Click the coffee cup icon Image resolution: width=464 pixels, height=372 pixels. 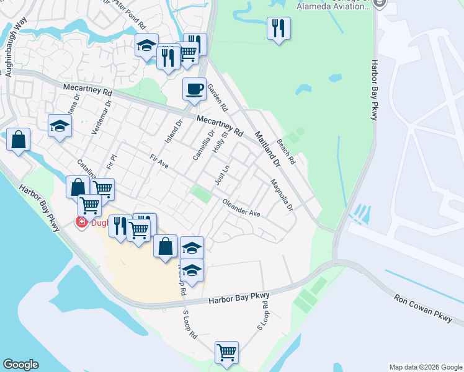click(194, 89)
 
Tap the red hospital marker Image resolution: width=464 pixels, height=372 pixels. click(81, 223)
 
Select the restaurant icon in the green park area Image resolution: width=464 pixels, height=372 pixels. click(279, 28)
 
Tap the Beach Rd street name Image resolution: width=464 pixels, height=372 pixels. click(287, 151)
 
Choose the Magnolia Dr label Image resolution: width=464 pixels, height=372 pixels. click(282, 195)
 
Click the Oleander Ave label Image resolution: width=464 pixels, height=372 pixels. click(241, 208)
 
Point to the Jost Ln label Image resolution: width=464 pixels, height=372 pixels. click(222, 174)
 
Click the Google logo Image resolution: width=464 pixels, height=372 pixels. click(20, 365)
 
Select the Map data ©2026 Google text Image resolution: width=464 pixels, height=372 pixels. click(426, 367)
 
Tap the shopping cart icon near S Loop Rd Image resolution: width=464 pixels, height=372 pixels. click(226, 352)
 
